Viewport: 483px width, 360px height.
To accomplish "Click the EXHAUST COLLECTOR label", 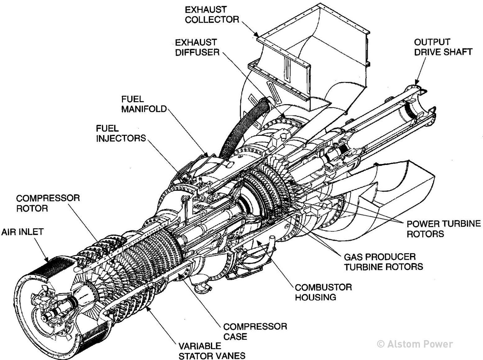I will click(212, 15).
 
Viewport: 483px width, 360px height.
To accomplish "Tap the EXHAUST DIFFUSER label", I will click(197, 47).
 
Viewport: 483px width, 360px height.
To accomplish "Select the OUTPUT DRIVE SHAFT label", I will click(443, 47).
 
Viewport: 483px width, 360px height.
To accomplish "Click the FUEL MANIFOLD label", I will click(144, 104).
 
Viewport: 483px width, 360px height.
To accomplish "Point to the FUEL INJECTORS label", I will click(121, 133).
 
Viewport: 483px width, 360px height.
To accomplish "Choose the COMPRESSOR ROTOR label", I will click(48, 203).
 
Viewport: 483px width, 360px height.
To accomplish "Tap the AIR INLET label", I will click(22, 232).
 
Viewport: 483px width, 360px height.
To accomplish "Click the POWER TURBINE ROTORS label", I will click(443, 229).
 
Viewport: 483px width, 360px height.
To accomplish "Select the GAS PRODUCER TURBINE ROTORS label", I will click(383, 262).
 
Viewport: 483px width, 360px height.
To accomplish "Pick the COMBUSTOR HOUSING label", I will click(323, 292).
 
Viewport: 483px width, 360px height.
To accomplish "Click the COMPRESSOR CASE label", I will click(255, 331).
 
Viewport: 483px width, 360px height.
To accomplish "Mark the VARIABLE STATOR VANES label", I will click(212, 351).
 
